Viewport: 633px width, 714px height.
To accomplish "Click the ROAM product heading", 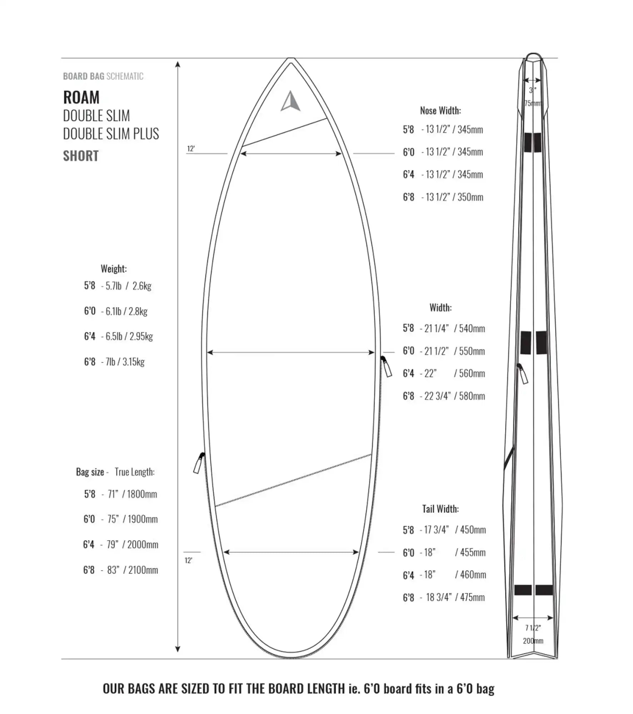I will [81, 97].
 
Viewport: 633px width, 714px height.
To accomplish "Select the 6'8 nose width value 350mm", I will [470, 197].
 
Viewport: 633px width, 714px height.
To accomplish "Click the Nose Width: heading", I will [440, 111].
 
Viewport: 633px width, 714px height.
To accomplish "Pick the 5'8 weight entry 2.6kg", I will [142, 286].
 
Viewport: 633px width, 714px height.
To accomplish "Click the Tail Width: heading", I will [440, 509].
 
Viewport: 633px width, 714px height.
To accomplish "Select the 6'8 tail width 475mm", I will [472, 597].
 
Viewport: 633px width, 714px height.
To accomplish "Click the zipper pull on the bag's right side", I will [387, 367].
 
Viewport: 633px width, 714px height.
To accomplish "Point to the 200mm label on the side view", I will [533, 641].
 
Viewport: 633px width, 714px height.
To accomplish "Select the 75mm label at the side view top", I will [533, 104].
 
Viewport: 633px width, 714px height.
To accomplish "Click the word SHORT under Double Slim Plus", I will [81, 156].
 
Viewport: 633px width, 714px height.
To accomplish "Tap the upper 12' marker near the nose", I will [191, 149].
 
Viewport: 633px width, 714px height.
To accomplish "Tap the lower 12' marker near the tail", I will [188, 560].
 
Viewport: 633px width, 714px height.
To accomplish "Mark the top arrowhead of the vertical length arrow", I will [178, 64].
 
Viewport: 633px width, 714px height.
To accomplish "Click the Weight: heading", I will [114, 269].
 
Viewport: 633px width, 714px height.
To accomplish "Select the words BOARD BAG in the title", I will [84, 76].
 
